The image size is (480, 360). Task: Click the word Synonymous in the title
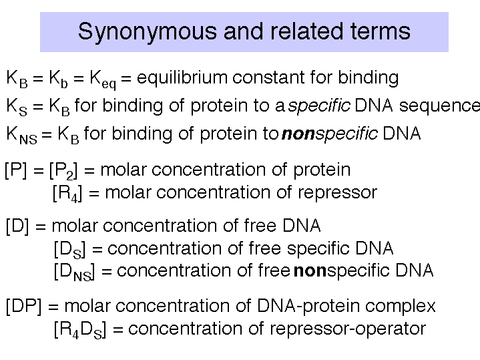click(148, 32)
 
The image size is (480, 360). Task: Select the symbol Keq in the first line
click(103, 79)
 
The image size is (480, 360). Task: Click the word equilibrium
click(182, 78)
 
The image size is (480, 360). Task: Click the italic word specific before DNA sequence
click(319, 106)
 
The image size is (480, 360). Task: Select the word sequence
click(439, 106)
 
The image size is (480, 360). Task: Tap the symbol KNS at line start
click(21, 135)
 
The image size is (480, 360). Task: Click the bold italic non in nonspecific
click(298, 134)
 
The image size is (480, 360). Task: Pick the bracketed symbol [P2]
click(63, 170)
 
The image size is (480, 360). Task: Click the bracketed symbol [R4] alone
click(67, 194)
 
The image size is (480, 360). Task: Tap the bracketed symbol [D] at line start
click(17, 226)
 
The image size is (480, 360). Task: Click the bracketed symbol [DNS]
click(74, 272)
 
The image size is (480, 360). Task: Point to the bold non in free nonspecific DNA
click(310, 271)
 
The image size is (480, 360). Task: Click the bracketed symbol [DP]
click(23, 306)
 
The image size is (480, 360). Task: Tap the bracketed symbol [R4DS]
click(80, 330)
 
